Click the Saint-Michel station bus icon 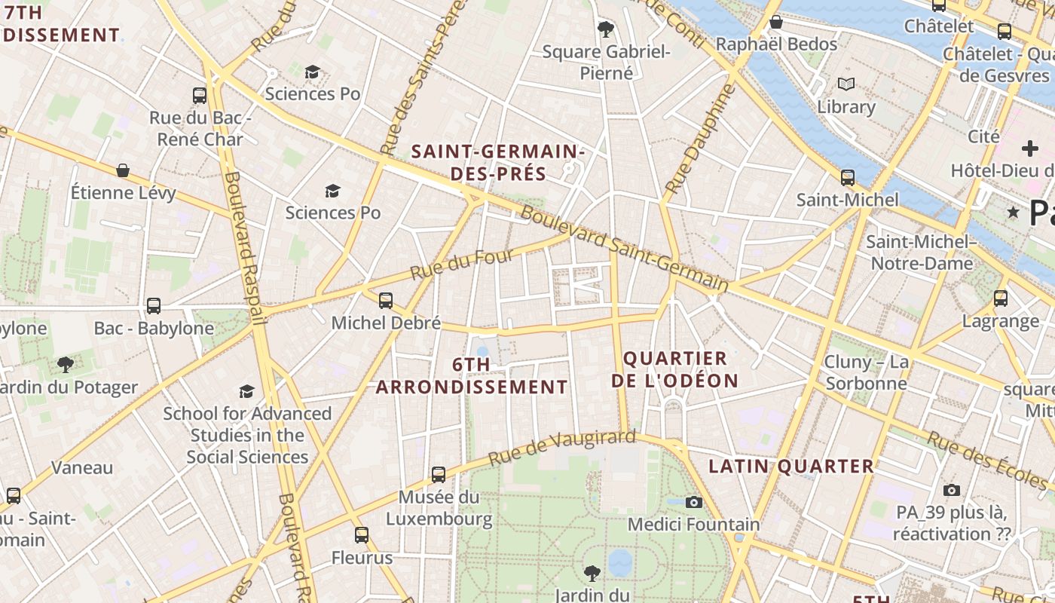click(x=848, y=178)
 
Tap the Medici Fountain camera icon click(x=694, y=502)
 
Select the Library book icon click(x=846, y=84)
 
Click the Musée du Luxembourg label click(x=439, y=508)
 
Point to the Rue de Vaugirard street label click(x=561, y=448)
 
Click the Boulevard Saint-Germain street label click(x=624, y=250)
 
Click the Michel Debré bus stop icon click(x=386, y=301)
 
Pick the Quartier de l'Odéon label click(x=674, y=369)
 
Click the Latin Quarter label click(x=791, y=467)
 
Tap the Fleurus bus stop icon click(x=362, y=535)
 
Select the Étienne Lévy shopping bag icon click(x=123, y=171)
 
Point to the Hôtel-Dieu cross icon click(x=1029, y=148)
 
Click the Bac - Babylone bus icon click(x=154, y=306)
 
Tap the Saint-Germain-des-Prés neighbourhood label click(x=498, y=163)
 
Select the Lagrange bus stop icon click(x=1001, y=298)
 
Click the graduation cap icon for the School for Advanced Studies click(x=246, y=391)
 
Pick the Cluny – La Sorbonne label click(x=866, y=372)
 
